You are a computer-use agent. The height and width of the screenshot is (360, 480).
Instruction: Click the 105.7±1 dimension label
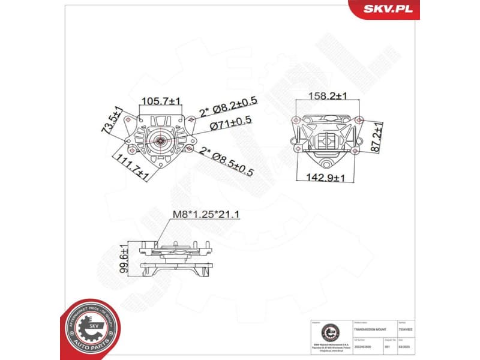click(160, 101)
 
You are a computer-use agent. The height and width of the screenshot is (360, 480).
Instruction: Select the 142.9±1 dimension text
click(326, 178)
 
